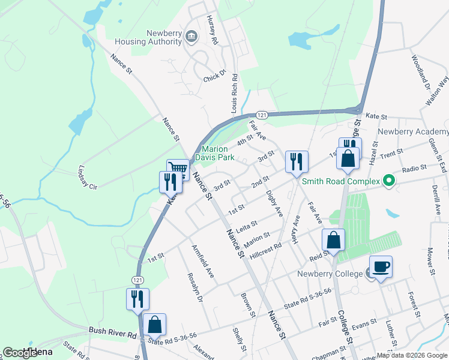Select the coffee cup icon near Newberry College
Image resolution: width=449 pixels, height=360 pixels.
(x=381, y=266)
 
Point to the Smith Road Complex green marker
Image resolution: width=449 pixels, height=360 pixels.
(x=388, y=181)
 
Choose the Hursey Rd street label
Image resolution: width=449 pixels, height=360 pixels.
(x=212, y=29)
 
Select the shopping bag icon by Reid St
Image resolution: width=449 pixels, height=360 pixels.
(x=333, y=240)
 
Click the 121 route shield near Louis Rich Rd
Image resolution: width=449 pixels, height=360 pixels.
(x=261, y=114)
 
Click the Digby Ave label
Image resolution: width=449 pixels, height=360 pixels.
(x=274, y=203)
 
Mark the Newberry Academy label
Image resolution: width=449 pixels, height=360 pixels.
(x=412, y=132)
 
